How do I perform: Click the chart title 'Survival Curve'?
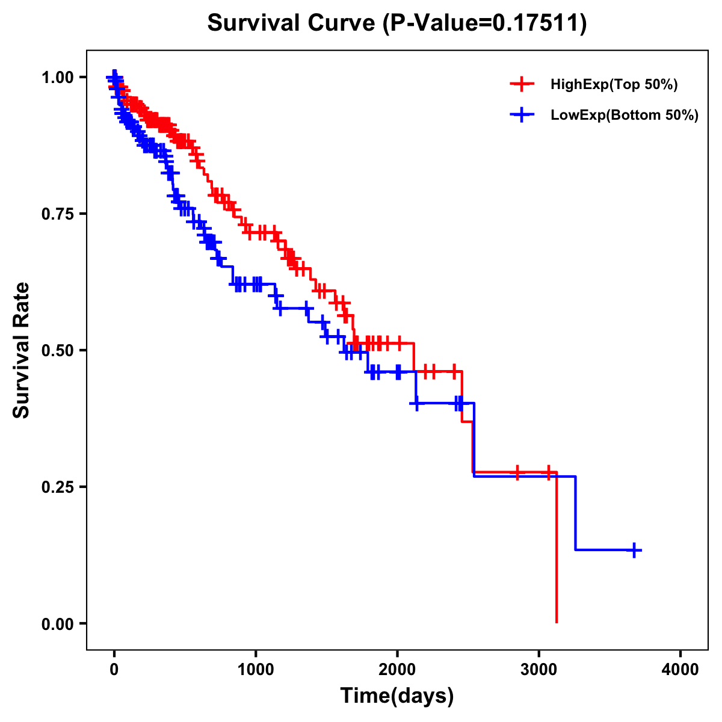click(x=291, y=23)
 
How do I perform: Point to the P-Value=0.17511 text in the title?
click(x=484, y=23)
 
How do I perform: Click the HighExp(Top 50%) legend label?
click(x=614, y=85)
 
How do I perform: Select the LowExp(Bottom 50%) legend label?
click(x=625, y=115)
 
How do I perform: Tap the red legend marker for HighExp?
click(x=522, y=85)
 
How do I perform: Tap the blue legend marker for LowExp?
click(x=522, y=115)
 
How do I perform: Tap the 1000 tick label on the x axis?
click(x=256, y=670)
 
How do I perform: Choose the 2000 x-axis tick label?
click(x=397, y=670)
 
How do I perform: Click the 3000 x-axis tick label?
click(x=539, y=670)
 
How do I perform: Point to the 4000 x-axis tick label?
click(x=680, y=670)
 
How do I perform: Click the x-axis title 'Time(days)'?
click(x=397, y=696)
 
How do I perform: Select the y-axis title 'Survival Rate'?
click(x=22, y=350)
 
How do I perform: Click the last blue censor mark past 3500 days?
click(x=634, y=550)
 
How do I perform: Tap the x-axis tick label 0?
click(x=114, y=670)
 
